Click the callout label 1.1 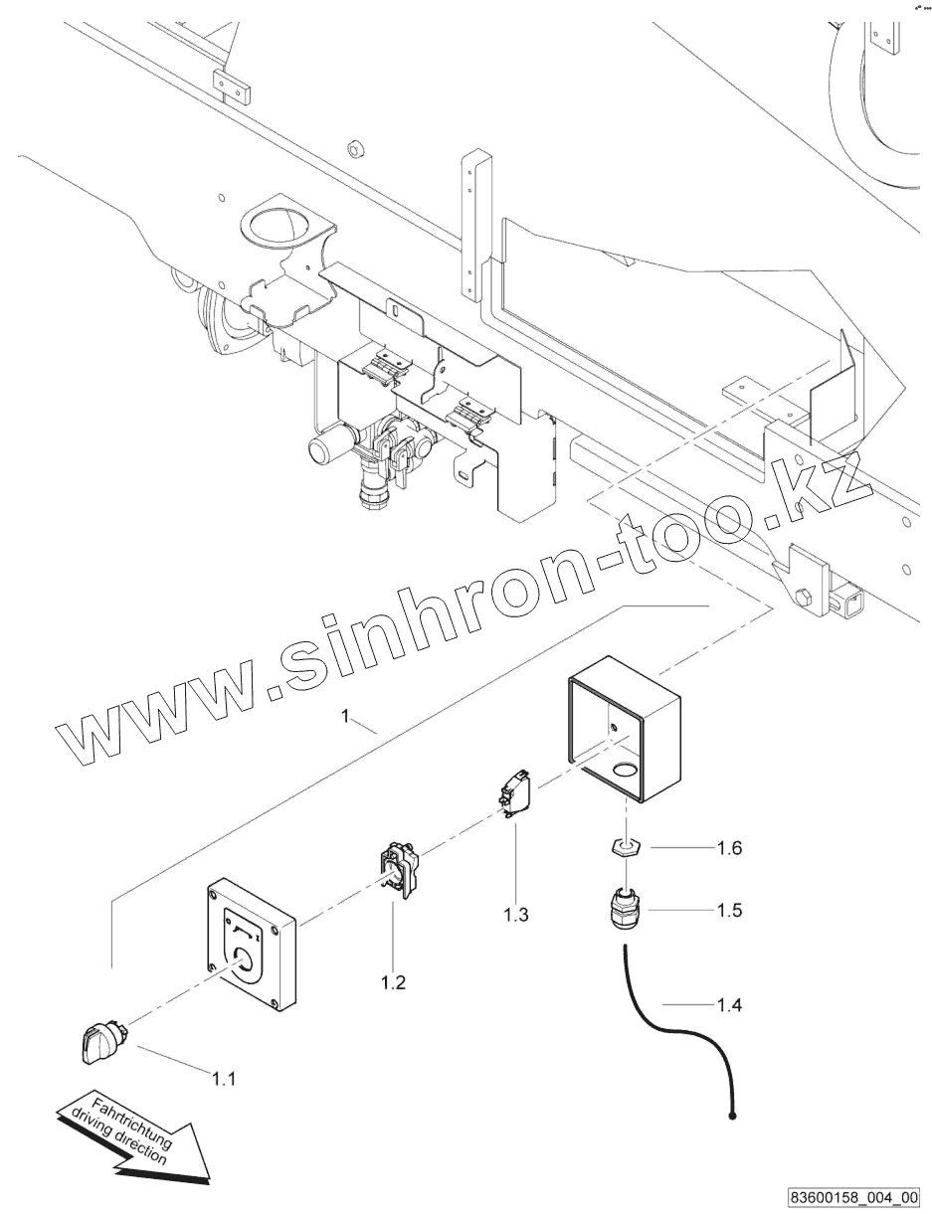224,1076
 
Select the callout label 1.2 393,983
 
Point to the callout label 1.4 729,1006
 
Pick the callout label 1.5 729,910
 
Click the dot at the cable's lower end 732,1117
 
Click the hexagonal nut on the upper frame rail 356,150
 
